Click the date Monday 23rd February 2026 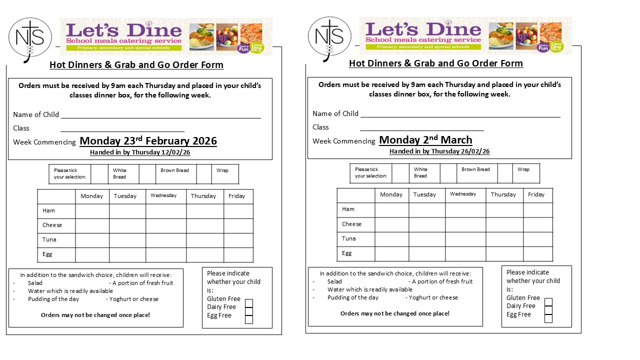(x=148, y=141)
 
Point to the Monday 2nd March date (x=425, y=140)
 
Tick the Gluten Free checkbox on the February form (x=249, y=303)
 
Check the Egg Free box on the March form (x=548, y=318)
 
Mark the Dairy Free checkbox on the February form (x=249, y=311)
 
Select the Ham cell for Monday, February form (x=92, y=211)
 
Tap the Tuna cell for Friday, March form (x=537, y=239)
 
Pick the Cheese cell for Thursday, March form (x=504, y=224)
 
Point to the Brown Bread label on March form (x=475, y=169)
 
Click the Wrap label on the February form (x=222, y=170)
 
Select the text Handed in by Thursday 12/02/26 (x=140, y=152)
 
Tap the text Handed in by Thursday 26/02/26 (x=439, y=151)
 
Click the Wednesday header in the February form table (x=163, y=195)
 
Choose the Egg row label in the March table (x=347, y=253)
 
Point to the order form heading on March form (x=436, y=63)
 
